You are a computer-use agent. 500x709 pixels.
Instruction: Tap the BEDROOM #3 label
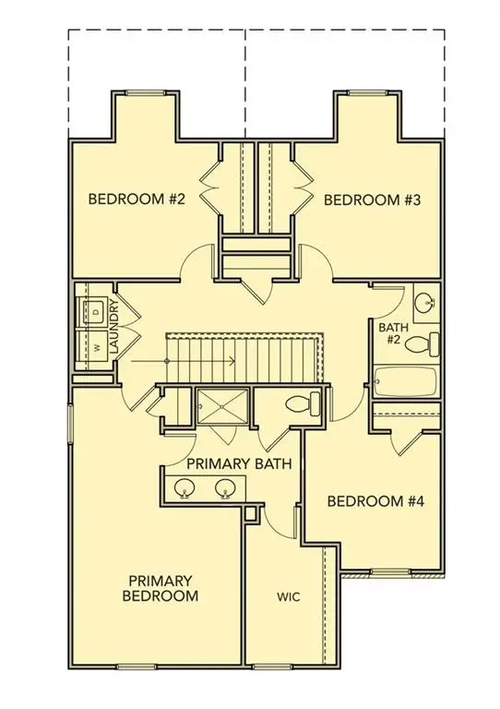[366, 198]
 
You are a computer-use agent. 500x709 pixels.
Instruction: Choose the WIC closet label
[289, 597]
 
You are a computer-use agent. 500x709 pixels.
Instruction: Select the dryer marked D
[95, 311]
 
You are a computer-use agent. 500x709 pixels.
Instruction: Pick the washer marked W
[95, 349]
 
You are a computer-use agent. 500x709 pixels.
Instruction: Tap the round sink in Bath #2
[425, 303]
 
